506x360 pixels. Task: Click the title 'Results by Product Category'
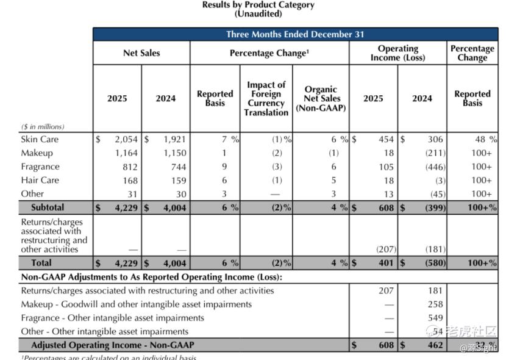(258, 5)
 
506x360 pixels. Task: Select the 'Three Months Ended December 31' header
(295, 34)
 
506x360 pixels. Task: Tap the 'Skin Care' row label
(40, 139)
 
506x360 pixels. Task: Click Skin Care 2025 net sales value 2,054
(126, 139)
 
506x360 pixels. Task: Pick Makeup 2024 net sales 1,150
(174, 153)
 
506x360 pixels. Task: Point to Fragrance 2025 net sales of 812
(129, 167)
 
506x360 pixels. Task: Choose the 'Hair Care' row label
(40, 180)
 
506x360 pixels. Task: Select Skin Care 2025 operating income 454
(386, 139)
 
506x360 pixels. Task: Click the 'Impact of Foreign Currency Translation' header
(266, 98)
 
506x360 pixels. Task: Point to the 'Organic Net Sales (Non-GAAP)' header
(321, 98)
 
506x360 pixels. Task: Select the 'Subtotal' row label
(48, 207)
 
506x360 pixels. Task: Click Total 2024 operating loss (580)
(433, 263)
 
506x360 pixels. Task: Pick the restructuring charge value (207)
(386, 249)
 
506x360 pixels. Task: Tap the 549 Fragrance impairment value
(435, 318)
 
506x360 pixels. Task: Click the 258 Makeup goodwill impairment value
(435, 304)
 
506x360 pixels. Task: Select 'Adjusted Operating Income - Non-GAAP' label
(113, 345)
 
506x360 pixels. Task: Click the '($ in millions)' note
(43, 126)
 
